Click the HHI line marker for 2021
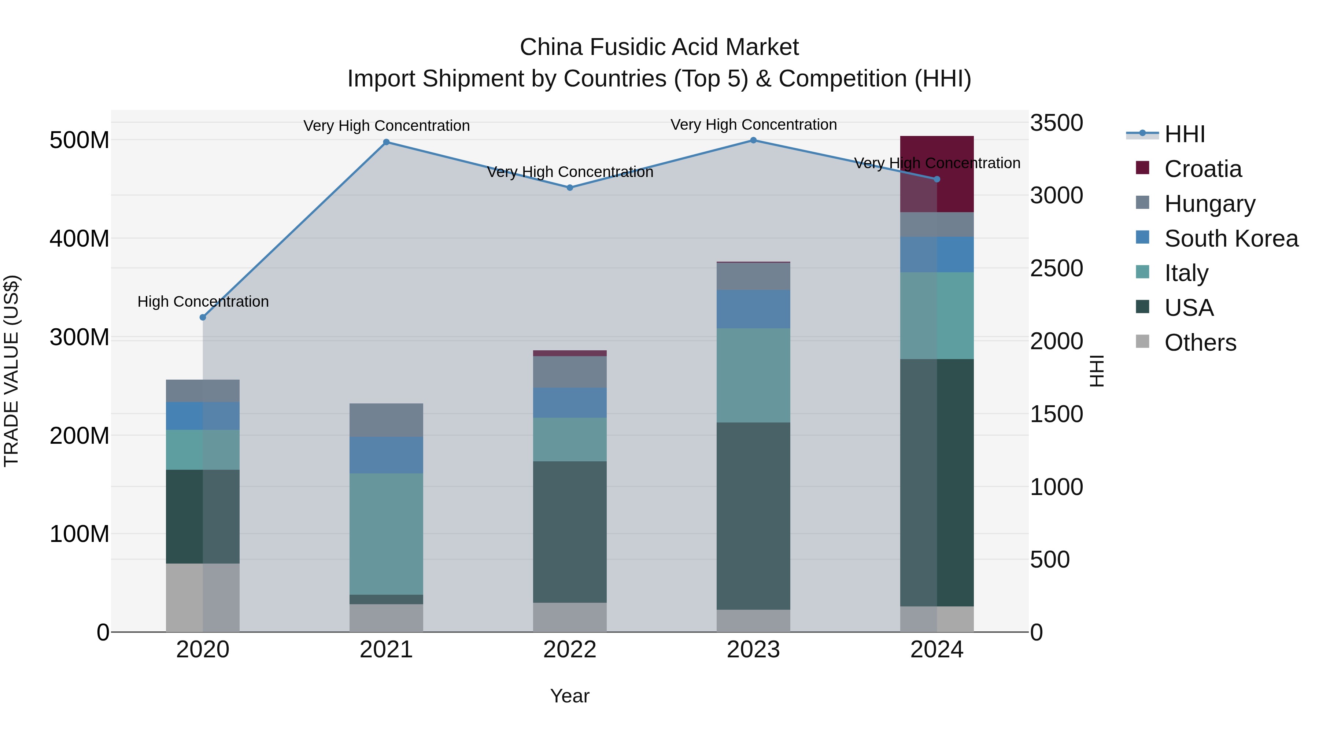point(386,143)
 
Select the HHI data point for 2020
point(203,317)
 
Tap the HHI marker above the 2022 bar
point(570,188)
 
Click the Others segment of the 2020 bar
point(203,598)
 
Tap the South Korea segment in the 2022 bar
point(570,403)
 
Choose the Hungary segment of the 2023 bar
point(753,277)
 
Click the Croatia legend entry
point(1203,169)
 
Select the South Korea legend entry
point(1231,239)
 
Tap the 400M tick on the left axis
point(80,239)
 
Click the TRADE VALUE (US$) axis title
point(11,371)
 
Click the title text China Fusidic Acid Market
point(659,48)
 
